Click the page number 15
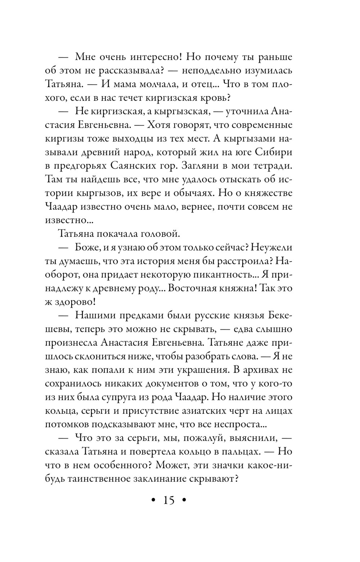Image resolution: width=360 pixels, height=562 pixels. coord(168,500)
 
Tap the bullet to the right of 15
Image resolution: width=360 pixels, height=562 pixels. coord(184,500)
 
